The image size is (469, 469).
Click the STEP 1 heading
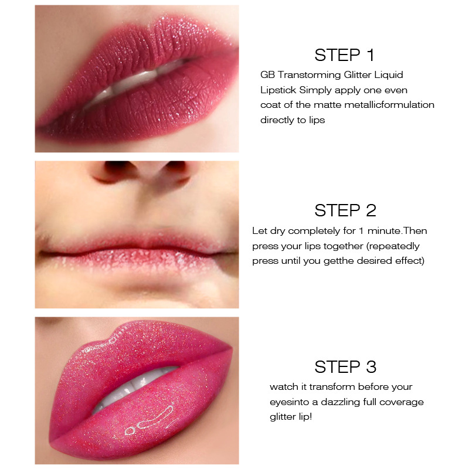344,55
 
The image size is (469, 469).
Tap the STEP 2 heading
344,210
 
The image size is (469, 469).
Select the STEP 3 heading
344,368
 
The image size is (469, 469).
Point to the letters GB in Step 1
267,74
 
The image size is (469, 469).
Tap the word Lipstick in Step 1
278,90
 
